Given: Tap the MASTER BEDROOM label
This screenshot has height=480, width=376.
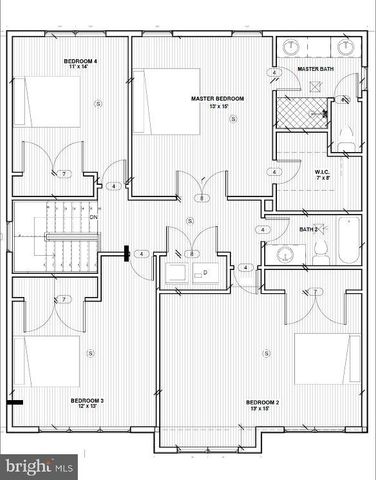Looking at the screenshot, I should pos(212,99).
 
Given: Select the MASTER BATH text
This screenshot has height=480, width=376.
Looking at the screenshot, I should pos(316,69).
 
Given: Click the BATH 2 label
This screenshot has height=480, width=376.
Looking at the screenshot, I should pos(309,230).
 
